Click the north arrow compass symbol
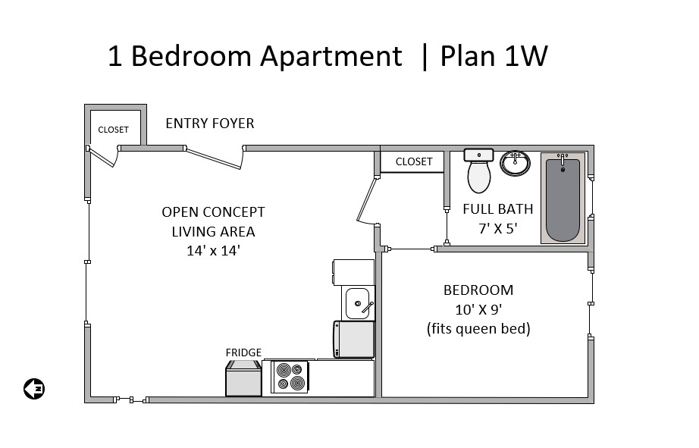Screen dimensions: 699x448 coord(34,389)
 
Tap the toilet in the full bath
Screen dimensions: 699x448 coord(479,171)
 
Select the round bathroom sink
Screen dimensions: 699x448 coord(515,163)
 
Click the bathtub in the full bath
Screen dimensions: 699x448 coord(563,198)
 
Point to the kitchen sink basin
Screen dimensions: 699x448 coord(358,303)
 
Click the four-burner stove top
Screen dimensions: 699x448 coord(290,377)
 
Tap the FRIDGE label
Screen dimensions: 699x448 coord(243,352)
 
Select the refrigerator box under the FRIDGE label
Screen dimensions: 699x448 coord(243,378)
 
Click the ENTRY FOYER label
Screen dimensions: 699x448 coord(210,123)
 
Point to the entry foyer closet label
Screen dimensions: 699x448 coord(113,130)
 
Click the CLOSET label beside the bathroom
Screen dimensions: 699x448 coord(414,161)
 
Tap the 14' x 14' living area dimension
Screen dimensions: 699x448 coord(214,250)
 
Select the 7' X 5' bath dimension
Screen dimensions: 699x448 coord(497,228)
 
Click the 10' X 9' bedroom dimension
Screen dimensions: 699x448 coord(478,309)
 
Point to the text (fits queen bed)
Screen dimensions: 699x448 coord(478,329)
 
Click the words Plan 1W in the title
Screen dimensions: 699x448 coord(494,56)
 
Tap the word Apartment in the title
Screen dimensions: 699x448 coord(331,57)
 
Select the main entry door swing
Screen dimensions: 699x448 coord(215,158)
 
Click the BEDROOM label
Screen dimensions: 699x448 coord(478,290)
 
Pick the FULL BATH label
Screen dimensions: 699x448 coord(498,209)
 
